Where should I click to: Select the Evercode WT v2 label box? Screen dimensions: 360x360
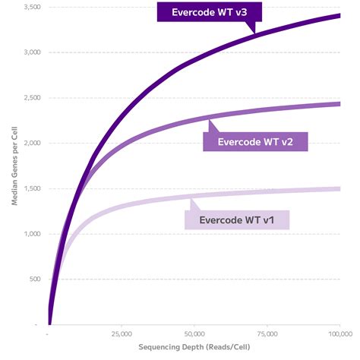point(255,141)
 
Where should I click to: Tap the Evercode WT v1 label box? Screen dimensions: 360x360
point(237,219)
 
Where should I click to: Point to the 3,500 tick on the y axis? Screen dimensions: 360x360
point(31,7)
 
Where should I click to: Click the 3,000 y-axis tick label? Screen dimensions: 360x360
point(31,52)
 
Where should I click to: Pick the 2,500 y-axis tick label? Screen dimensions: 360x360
point(31,98)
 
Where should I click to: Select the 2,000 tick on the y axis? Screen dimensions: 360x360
point(31,143)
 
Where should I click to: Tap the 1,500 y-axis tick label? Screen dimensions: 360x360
point(31,188)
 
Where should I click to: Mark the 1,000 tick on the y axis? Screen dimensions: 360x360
point(31,234)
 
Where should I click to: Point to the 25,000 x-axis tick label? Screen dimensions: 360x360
point(122,333)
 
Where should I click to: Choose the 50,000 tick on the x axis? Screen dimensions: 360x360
point(195,333)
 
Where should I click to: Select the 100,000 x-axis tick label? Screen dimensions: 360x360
point(339,333)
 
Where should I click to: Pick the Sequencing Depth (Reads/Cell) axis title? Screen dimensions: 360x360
point(194,347)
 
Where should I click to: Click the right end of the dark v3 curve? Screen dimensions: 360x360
point(339,15)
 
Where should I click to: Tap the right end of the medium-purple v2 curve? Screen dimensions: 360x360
point(339,103)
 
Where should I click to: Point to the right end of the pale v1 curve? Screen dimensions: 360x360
point(339,188)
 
